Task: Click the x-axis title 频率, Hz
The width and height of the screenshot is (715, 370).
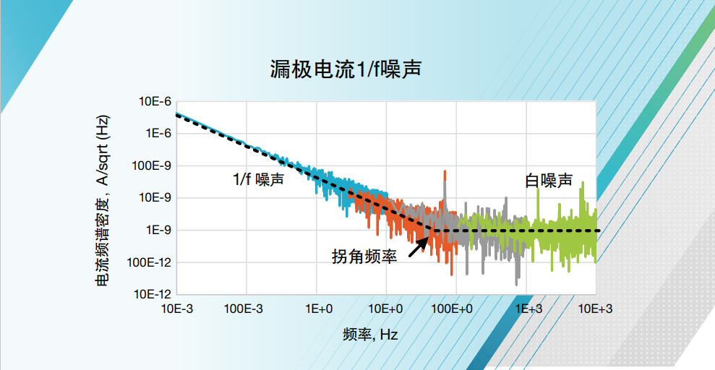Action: coord(370,335)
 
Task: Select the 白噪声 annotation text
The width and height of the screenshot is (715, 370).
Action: coord(549,181)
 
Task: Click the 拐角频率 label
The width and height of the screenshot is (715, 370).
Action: coord(364,256)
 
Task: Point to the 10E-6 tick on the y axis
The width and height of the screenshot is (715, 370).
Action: coord(155,102)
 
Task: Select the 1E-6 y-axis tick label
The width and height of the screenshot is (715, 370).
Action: coord(158,134)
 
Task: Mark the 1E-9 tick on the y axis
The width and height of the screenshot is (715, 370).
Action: coord(158,230)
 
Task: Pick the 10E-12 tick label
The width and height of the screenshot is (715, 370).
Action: coord(153,294)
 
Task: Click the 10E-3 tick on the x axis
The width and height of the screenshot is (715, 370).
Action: coord(177,309)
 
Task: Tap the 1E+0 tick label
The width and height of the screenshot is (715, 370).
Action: coord(317,309)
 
